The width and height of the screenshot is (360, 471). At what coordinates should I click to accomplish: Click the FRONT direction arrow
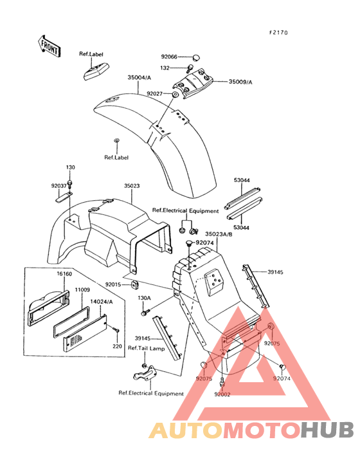(49, 46)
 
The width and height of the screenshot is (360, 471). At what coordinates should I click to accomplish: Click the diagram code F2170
(278, 32)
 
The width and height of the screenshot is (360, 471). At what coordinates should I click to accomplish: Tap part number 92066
(169, 57)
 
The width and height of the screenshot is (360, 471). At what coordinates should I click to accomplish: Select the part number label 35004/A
(139, 77)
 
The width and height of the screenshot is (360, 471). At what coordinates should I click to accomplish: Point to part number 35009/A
(240, 82)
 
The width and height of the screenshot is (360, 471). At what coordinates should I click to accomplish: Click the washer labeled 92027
(175, 95)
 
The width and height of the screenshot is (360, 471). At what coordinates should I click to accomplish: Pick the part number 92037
(59, 186)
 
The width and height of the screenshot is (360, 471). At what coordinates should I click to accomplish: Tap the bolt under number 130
(70, 183)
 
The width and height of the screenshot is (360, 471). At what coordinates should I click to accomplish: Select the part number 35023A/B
(219, 234)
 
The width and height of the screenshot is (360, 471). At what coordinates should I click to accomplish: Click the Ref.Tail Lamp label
(147, 348)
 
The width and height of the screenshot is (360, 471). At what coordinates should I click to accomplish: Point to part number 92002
(222, 394)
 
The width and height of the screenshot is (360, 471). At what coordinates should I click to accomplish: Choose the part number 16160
(64, 274)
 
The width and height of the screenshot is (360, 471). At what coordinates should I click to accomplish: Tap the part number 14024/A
(102, 302)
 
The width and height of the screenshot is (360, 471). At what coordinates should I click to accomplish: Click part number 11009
(82, 290)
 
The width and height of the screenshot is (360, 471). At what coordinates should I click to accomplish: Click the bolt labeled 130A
(145, 313)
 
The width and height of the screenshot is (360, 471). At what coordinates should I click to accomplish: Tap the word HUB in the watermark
(327, 430)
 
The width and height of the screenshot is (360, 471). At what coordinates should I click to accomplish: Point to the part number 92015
(113, 284)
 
